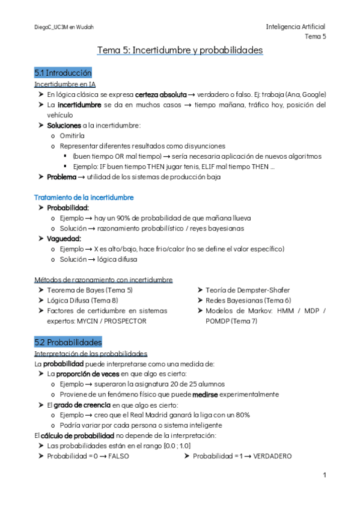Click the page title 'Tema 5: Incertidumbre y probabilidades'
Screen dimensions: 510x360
click(180, 50)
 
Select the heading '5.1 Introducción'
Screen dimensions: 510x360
click(63, 72)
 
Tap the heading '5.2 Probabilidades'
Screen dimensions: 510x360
click(68, 342)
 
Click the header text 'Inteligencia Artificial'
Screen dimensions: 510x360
click(295, 27)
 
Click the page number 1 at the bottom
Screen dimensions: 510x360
click(325, 476)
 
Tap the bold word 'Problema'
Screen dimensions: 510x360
click(61, 177)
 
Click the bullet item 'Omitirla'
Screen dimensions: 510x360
click(72, 136)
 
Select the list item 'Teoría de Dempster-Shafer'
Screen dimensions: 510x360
click(239, 290)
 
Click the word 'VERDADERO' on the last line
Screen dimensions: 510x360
click(272, 456)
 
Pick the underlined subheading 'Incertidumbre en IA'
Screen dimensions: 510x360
click(66, 84)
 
